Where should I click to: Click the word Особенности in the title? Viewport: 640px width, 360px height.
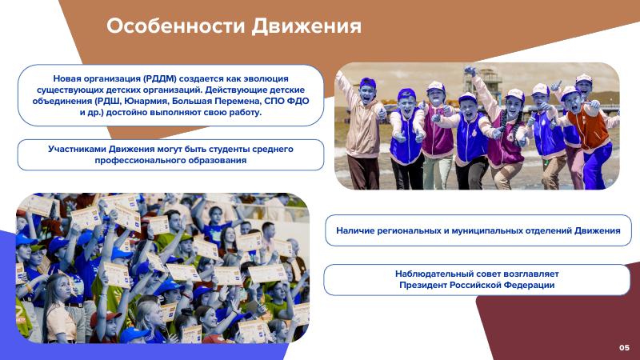coord(175,26)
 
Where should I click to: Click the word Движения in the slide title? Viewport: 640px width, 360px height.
coord(306,26)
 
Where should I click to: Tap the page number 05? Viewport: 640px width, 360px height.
coord(625,348)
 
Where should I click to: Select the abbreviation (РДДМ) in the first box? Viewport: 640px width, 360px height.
coord(159,78)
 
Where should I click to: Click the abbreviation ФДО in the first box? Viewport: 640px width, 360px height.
coord(298,101)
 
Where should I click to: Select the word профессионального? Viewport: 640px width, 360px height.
coord(135,161)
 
